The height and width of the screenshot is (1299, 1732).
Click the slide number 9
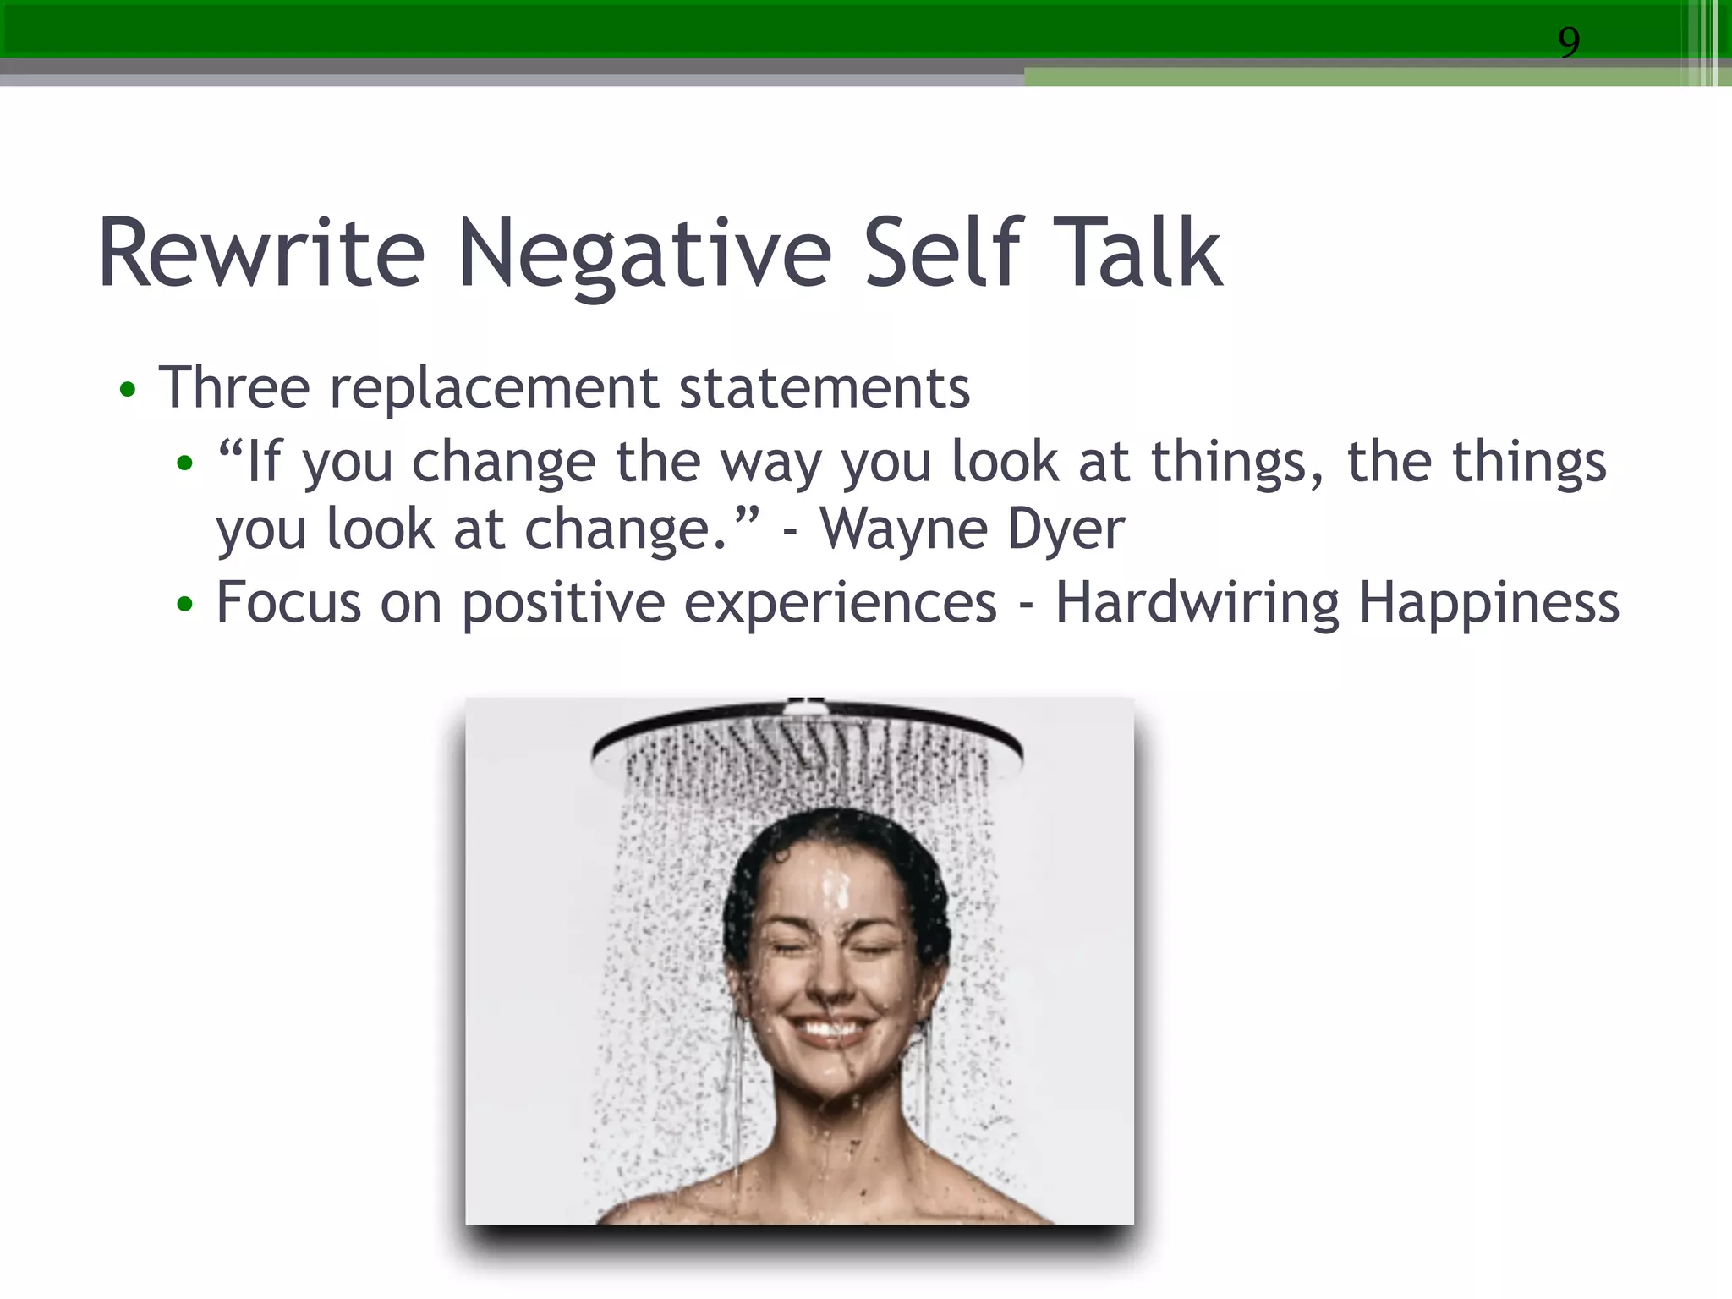click(x=1569, y=41)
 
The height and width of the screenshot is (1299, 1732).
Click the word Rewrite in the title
click(x=260, y=254)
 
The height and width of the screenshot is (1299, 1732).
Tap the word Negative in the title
click(x=644, y=254)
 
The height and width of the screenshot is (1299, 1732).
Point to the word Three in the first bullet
click(x=234, y=388)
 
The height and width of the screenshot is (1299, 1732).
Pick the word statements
click(x=824, y=388)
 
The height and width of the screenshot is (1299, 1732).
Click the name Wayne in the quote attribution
click(x=902, y=530)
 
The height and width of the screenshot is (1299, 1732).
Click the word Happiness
click(x=1488, y=604)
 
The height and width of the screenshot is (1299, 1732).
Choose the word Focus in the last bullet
click(x=288, y=603)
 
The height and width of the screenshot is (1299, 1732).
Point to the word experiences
click(x=840, y=604)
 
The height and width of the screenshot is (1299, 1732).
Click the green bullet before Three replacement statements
click(x=128, y=390)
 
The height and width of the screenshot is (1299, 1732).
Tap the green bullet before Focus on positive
click(x=185, y=605)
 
